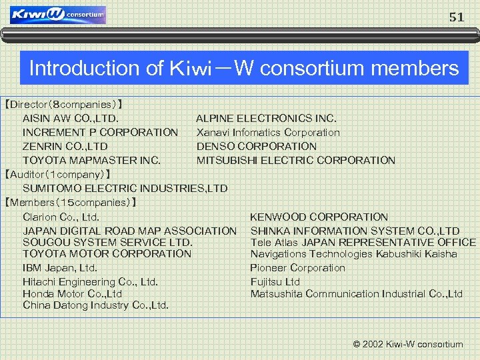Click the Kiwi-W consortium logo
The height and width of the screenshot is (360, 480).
coord(58,15)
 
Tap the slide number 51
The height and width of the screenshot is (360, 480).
coord(457,18)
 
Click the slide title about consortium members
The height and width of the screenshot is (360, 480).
coord(244,68)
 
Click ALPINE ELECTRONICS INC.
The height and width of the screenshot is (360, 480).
coord(266,118)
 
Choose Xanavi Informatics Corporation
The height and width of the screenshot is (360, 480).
coord(268,132)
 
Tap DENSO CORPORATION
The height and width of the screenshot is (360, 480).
coord(257,146)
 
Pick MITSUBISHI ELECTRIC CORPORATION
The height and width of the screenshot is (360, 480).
coord(295,160)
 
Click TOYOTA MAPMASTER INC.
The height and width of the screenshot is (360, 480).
coord(91,160)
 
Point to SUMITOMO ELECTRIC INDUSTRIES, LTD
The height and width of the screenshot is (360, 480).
coord(125,188)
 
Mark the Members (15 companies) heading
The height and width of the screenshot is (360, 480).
coord(70,202)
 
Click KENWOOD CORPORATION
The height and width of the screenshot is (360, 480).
coord(319,217)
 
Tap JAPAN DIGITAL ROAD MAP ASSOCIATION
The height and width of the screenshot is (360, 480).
coord(129,231)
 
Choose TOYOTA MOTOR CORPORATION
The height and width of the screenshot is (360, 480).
coord(107,253)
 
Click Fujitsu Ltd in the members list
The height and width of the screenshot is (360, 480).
coord(275,281)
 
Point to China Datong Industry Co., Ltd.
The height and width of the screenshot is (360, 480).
coord(95,305)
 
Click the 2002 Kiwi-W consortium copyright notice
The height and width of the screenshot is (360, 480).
coord(407,345)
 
